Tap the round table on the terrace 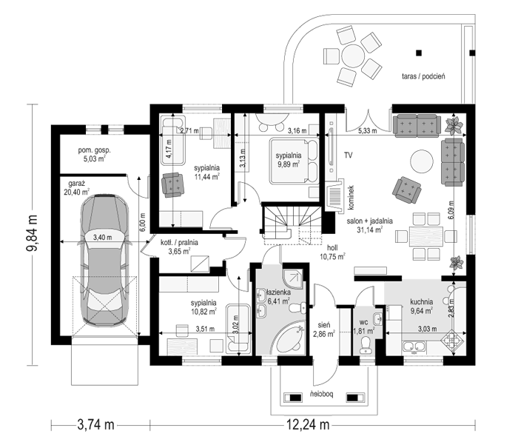pos(353,56)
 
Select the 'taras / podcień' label pos(423,76)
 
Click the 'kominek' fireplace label pos(351,198)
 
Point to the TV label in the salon pos(349,155)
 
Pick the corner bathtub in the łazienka pos(291,337)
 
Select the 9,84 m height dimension pos(33,235)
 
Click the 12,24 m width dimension pos(308,424)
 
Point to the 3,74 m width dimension pos(95,424)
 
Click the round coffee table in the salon pos(422,161)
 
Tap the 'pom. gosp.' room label pos(95,150)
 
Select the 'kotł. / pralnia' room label pos(179,243)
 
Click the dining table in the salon pos(426,236)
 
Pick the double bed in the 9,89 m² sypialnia pos(294,161)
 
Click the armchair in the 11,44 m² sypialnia pos(172,185)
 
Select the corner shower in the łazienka pos(292,279)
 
